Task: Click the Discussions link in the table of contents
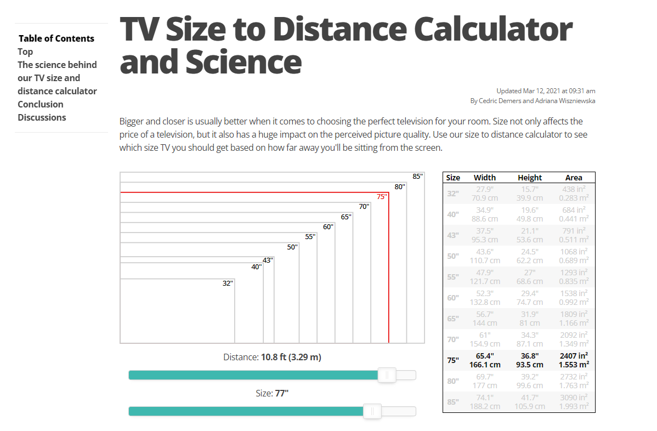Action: tap(42, 117)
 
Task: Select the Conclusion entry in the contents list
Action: tap(41, 104)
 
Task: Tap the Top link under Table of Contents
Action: tap(25, 52)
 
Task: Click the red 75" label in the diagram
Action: tap(382, 197)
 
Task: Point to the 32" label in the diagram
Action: tap(228, 283)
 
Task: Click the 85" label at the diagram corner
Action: tap(418, 177)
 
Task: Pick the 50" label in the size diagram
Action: tap(292, 247)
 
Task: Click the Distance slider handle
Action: tap(387, 375)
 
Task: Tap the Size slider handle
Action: tap(372, 411)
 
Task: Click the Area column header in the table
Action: tap(574, 178)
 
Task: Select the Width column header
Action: tap(485, 178)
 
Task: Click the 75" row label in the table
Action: tap(453, 360)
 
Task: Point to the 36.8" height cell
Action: tap(530, 356)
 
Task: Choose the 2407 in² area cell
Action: tap(574, 356)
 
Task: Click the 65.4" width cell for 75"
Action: tap(485, 356)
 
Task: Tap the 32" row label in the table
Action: tap(453, 194)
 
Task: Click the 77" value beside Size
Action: tap(281, 393)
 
